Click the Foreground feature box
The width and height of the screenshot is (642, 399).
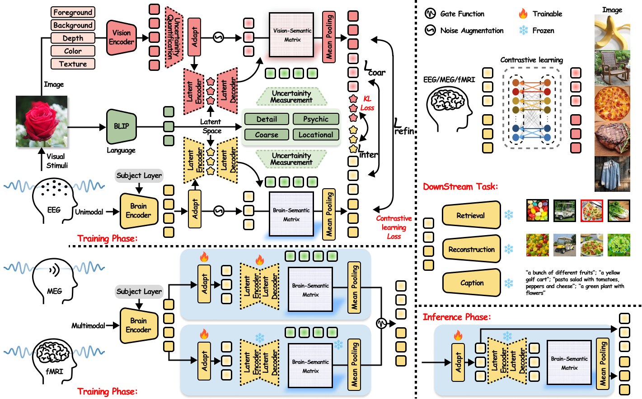click(73, 12)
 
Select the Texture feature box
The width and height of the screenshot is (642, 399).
click(73, 64)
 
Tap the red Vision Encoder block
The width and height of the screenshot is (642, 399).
click(121, 37)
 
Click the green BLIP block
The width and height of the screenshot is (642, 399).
click(121, 126)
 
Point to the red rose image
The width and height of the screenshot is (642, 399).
click(42, 121)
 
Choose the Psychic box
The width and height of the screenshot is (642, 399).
click(315, 119)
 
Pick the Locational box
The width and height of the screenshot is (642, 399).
click(315, 135)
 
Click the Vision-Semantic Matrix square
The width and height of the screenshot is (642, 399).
click(292, 35)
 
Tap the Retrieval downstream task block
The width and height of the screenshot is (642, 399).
click(471, 215)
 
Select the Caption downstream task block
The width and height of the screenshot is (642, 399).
click(472, 283)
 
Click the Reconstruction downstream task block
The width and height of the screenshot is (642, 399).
click(472, 249)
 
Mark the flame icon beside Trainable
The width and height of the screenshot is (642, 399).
click(523, 14)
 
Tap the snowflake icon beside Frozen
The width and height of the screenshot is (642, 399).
click(523, 30)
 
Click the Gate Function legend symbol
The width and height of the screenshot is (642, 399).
click(430, 14)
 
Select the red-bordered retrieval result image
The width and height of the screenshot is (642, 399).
click(591, 210)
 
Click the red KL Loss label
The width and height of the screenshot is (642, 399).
click(367, 103)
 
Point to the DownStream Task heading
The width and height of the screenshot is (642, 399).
click(460, 186)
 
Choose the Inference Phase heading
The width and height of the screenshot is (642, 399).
click(456, 317)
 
